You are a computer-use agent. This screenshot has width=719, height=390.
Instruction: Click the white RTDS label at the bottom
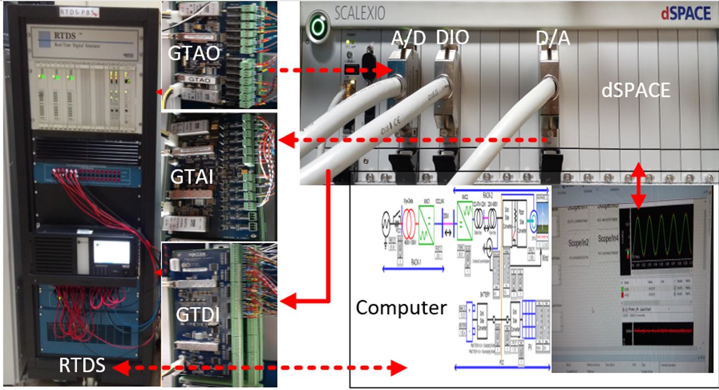(83, 365)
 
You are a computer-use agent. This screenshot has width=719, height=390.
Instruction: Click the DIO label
(452, 37)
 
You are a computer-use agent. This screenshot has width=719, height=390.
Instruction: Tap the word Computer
(401, 307)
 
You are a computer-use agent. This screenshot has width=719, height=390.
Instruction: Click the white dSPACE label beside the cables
(636, 89)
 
